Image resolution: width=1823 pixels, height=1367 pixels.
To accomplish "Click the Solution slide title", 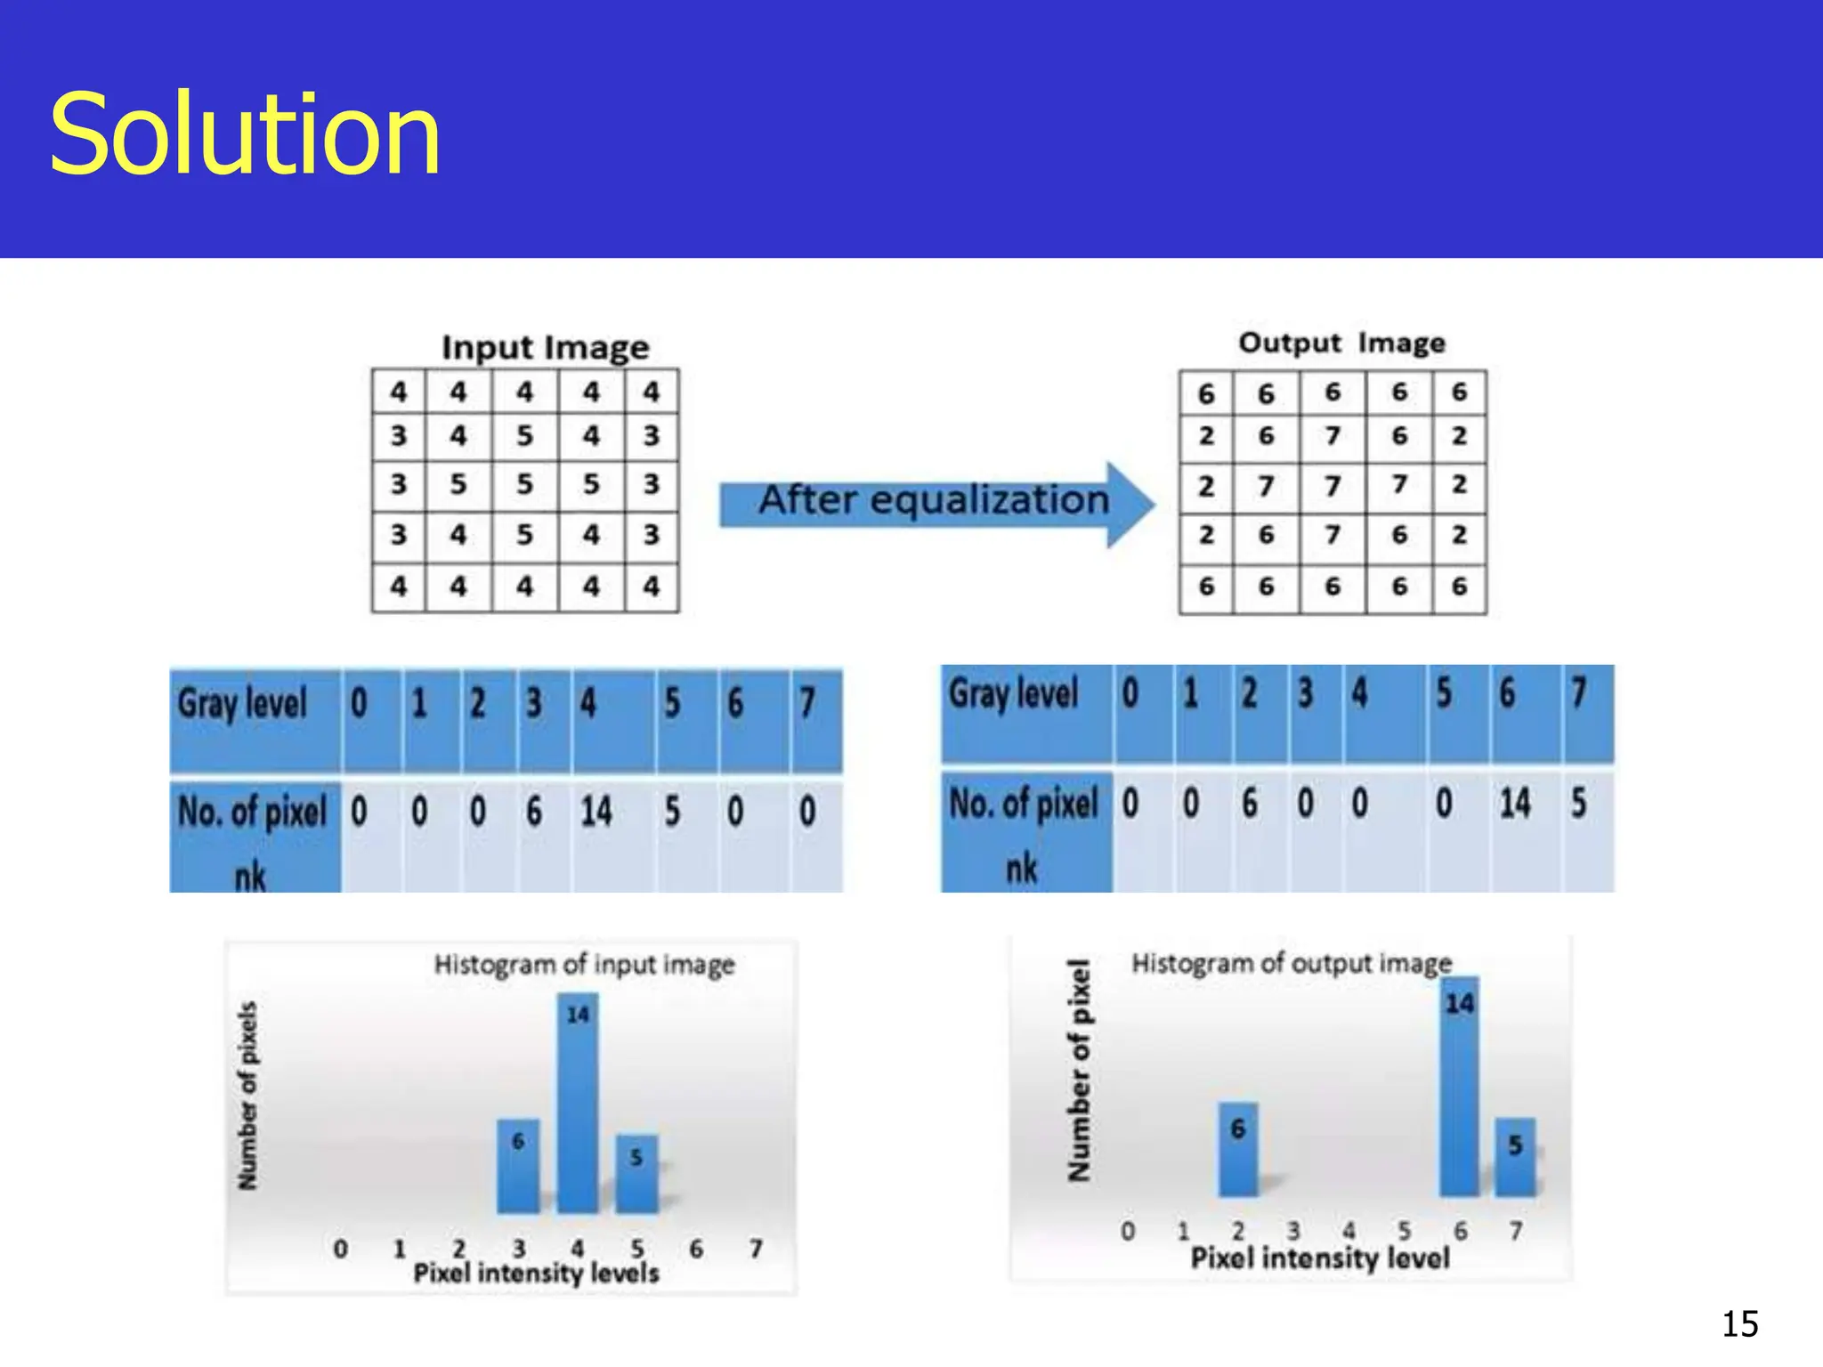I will pos(245,135).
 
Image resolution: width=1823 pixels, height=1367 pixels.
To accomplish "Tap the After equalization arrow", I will pos(935,503).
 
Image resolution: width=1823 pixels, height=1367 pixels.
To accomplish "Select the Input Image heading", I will pos(545,347).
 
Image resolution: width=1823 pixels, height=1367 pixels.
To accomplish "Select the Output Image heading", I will pos(1341,343).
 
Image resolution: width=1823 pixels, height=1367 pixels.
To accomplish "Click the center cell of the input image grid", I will pos(524,485).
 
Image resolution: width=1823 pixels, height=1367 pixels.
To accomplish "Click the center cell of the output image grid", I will pos(1332,486).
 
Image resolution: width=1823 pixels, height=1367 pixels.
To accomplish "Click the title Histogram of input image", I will pos(584,965).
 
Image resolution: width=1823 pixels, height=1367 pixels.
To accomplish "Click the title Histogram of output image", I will pos(1291,963).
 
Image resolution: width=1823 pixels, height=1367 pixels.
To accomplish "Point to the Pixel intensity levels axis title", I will pos(536,1274).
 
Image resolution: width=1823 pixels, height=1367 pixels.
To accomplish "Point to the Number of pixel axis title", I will pos(1079,1071).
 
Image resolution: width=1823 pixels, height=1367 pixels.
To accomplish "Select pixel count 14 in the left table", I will pos(596,812).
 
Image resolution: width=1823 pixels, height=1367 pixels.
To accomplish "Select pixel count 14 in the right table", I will pos(1515,804).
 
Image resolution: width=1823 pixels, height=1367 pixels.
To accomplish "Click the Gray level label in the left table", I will pos(242,703).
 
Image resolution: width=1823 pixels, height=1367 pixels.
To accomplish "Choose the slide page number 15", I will pos(1739,1324).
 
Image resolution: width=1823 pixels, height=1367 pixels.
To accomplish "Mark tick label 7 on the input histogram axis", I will pos(756,1249).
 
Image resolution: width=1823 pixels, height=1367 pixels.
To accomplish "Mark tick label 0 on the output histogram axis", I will pos(1128,1232).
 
